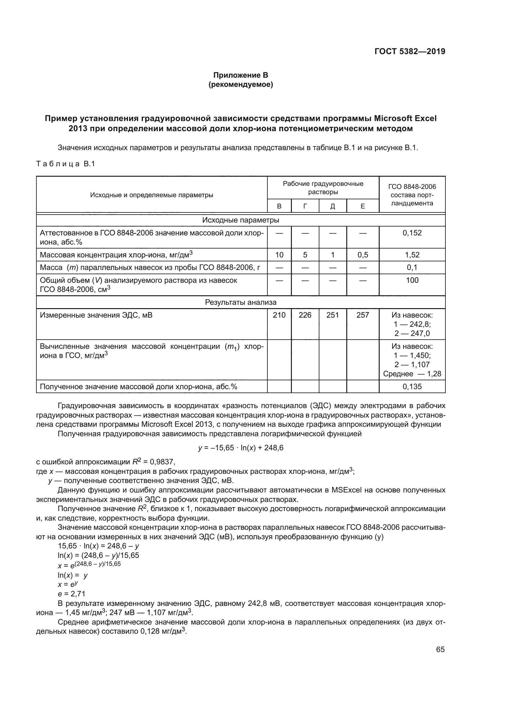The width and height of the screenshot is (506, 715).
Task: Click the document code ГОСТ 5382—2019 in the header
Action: (x=409, y=51)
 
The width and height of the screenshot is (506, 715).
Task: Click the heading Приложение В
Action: (x=240, y=75)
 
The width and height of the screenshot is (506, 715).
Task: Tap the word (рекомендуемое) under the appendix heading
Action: (x=240, y=85)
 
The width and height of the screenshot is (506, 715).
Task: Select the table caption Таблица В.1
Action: (x=65, y=164)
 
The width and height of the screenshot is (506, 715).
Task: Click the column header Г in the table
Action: (x=305, y=206)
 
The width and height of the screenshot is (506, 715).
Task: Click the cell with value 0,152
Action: (x=412, y=233)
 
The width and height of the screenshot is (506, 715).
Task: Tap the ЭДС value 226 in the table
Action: (x=305, y=315)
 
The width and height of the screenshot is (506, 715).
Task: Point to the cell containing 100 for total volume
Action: (x=412, y=280)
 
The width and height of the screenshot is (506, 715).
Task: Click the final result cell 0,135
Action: (x=412, y=386)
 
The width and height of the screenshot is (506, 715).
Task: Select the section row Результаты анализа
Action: (x=240, y=302)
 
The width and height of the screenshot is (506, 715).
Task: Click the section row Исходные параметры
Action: (x=240, y=220)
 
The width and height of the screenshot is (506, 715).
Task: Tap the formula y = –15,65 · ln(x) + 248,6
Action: (x=240, y=448)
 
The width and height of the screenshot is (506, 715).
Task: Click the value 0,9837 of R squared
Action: (x=162, y=462)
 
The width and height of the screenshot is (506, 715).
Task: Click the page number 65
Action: (x=440, y=649)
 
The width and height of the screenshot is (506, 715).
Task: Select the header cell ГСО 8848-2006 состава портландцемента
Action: (x=412, y=195)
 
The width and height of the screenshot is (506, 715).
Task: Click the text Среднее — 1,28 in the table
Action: (x=412, y=374)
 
